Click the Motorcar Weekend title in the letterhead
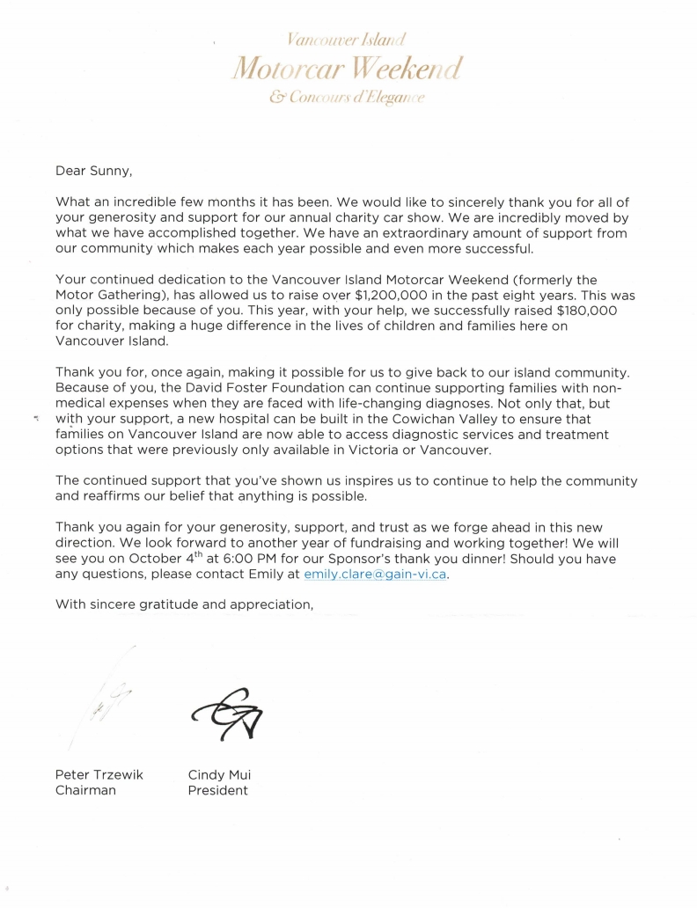[x=346, y=69]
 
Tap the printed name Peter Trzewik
[x=99, y=775]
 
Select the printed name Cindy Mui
[x=219, y=775]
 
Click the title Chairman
[x=86, y=790]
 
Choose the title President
[x=217, y=790]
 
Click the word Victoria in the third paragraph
[x=402, y=450]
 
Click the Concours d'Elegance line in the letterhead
[x=347, y=99]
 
